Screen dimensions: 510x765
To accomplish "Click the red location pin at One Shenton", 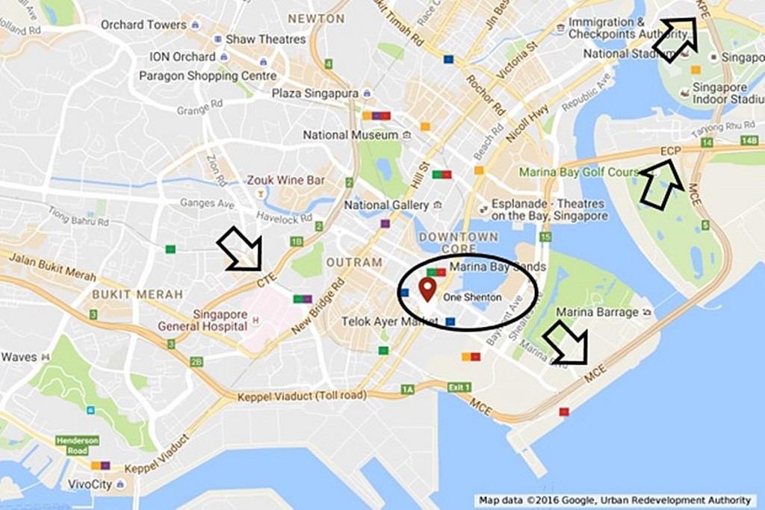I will click(427, 288).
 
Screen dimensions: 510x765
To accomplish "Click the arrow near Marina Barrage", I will click(566, 343).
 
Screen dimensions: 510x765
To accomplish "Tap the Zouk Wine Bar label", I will click(285, 180).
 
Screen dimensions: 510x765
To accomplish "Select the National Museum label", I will click(350, 135).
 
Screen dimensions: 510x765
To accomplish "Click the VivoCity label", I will click(91, 484).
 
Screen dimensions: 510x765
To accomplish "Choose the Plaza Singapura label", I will click(315, 93).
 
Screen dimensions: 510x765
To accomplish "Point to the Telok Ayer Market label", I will click(379, 321).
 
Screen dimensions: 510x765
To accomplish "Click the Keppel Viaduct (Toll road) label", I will click(302, 396).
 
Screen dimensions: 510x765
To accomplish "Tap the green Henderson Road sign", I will click(77, 446).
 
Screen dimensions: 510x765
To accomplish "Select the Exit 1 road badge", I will click(459, 387).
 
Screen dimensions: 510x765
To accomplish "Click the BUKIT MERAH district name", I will click(137, 294).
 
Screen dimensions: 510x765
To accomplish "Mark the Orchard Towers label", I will click(143, 25).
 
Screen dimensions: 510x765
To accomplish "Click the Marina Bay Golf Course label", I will click(579, 172).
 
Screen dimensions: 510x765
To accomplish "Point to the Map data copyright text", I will click(617, 500).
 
